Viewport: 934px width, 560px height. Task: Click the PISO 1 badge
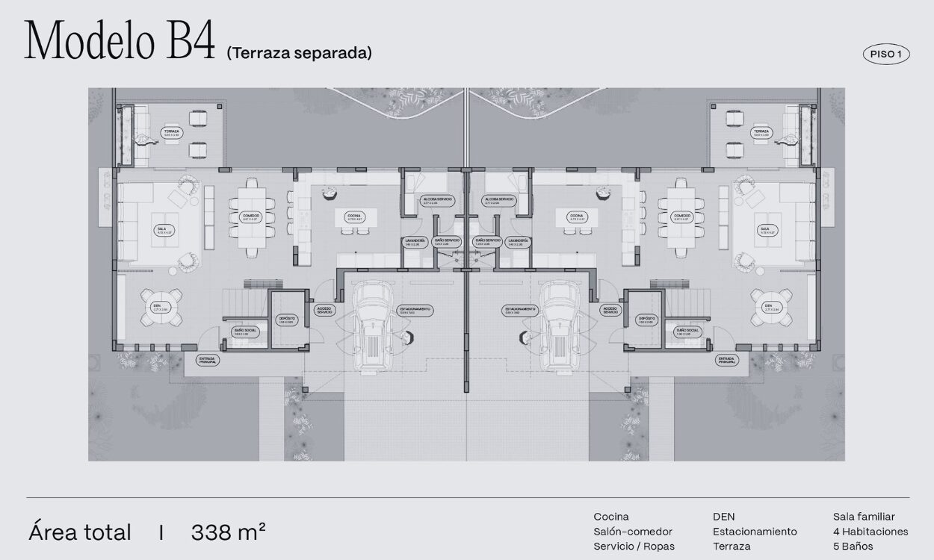886,54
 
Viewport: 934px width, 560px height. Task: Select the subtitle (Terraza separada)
299,53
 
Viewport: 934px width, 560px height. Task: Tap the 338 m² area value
228,532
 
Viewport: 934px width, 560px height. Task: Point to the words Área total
80,532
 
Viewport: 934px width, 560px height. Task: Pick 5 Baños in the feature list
853,546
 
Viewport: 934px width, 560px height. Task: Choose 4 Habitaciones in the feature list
870,532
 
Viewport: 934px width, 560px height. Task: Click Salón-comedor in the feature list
633,532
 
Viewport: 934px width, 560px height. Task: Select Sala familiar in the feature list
864,517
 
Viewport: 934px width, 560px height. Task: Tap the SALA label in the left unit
161,230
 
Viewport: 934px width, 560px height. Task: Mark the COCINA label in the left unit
354,217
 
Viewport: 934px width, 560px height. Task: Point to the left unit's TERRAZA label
173,133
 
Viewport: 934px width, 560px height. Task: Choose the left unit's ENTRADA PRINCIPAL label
208,360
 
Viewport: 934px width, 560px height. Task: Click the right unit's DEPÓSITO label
647,320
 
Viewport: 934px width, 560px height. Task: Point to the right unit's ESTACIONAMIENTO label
519,310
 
